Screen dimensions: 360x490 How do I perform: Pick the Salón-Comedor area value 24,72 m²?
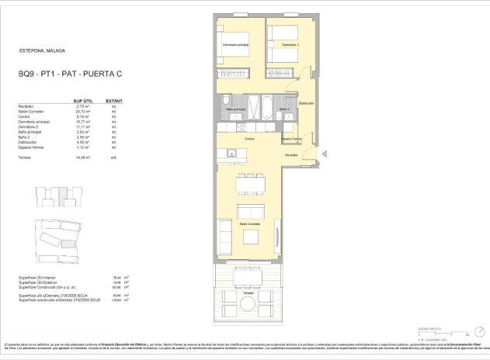83,112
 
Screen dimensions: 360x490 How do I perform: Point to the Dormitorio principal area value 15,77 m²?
83,122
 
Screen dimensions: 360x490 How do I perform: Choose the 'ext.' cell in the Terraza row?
113,157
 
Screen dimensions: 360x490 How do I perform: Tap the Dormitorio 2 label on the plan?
290,44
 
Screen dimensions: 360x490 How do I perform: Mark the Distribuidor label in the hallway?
306,102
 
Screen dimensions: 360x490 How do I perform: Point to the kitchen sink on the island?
231,153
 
